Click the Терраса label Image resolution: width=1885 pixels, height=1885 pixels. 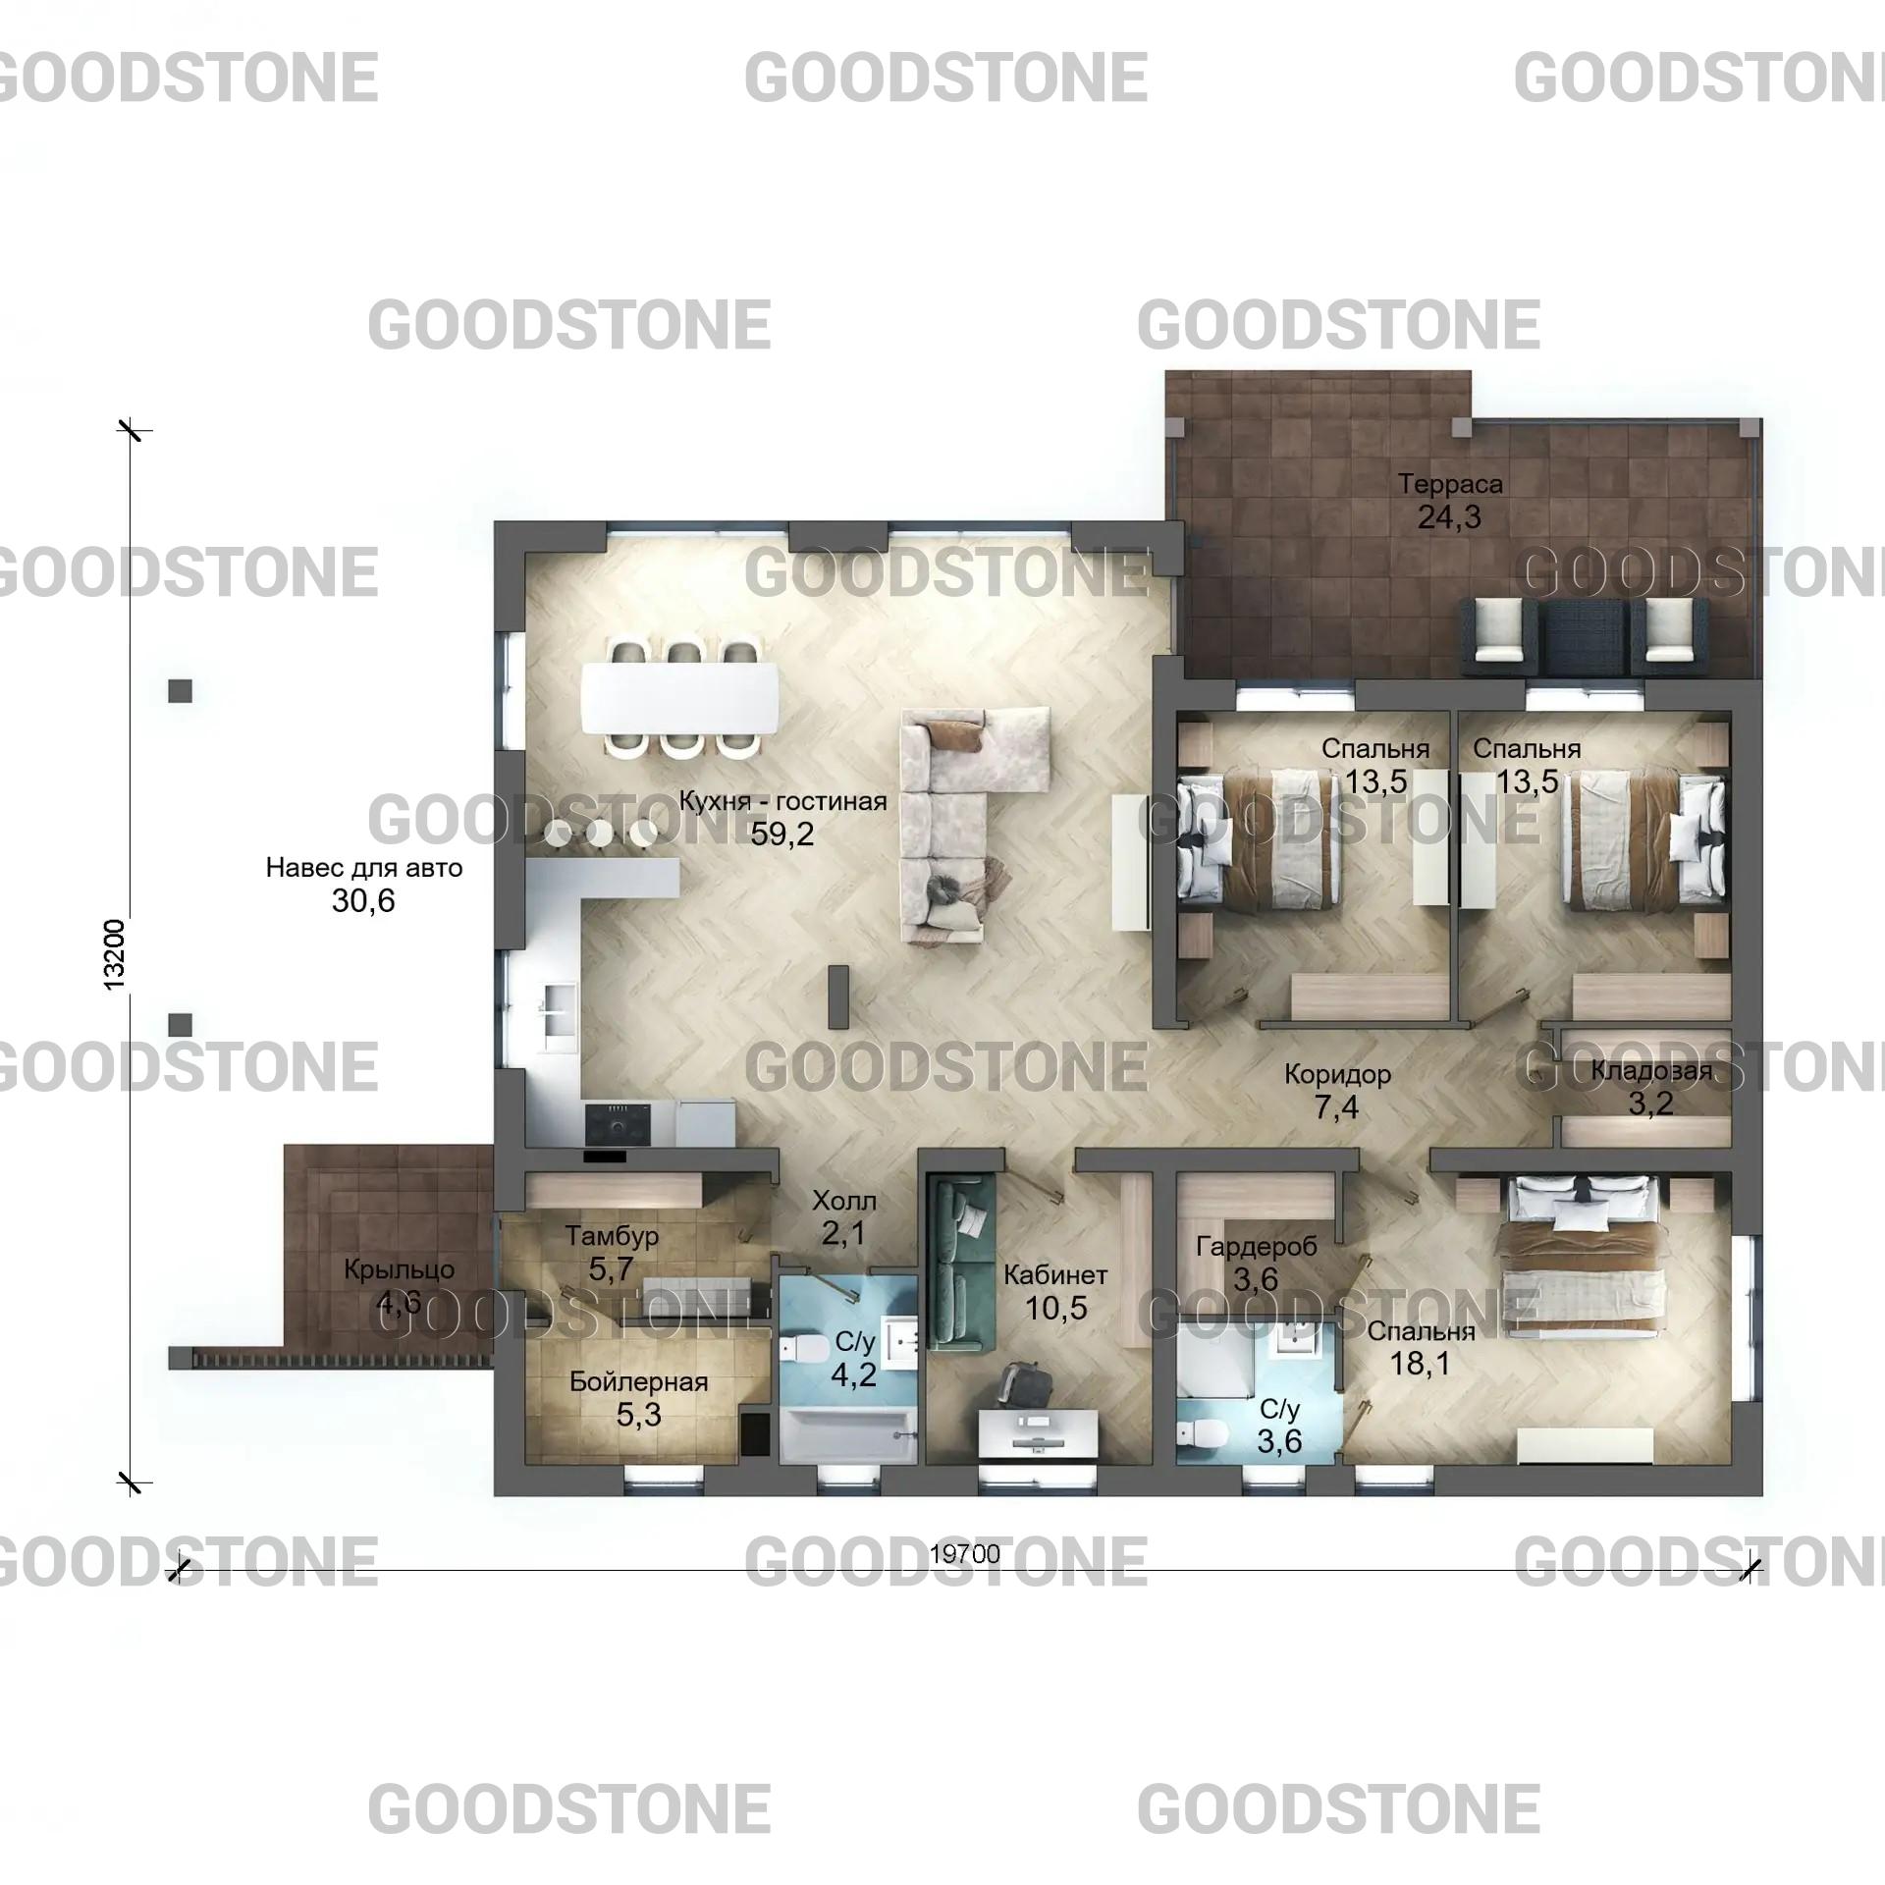[1450, 484]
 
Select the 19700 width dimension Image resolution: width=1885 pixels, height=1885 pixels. [965, 1553]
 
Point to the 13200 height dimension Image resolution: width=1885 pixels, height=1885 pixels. [115, 953]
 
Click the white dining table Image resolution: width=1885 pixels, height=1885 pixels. [680, 698]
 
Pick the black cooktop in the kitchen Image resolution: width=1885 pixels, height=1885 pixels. [619, 1123]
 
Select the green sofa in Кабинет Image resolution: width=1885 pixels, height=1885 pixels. [962, 1263]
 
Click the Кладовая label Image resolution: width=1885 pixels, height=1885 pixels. [1651, 1071]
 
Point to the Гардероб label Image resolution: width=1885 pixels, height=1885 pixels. [1256, 1247]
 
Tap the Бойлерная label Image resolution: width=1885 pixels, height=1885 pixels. [638, 1382]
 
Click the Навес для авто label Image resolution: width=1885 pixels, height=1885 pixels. [364, 868]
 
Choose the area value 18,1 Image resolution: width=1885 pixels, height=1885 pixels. [1421, 1364]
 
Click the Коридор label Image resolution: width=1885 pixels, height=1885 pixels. [1337, 1074]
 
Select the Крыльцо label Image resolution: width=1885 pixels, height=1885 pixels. [399, 1269]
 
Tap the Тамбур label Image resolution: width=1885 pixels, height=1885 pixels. [612, 1236]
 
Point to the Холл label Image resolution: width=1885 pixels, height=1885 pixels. [844, 1201]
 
